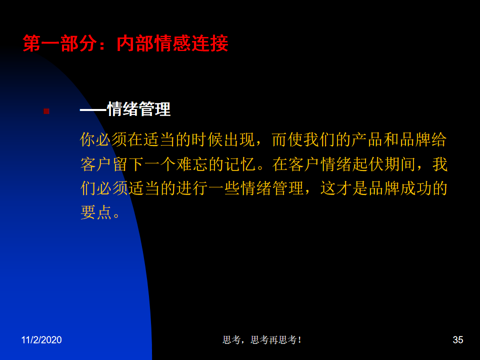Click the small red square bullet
tap(46, 111)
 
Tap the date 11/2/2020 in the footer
tap(41, 340)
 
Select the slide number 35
tap(457, 340)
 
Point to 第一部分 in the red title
tap(60, 43)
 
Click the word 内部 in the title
tap(135, 43)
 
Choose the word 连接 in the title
tap(209, 43)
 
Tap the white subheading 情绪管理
tap(138, 109)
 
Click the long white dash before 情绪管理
tap(93, 109)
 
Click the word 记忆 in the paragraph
tap(240, 164)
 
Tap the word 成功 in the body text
tap(415, 188)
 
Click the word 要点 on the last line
tap(96, 212)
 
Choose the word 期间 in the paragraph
tap(399, 164)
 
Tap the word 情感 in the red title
tap(172, 43)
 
